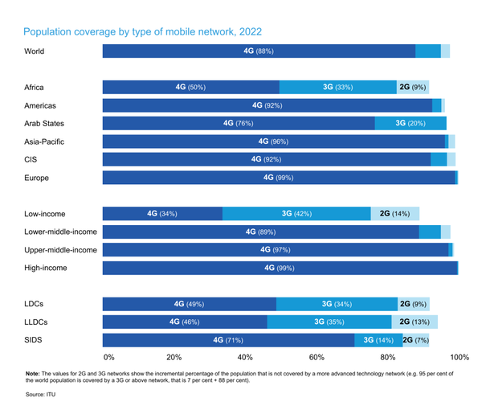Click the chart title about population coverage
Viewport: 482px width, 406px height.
pos(143,32)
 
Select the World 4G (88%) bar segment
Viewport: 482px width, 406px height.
pos(259,51)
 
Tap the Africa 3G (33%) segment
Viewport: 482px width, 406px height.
pos(337,87)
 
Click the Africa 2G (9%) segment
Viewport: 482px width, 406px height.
pos(412,87)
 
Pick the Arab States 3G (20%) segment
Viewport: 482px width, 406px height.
pos(411,123)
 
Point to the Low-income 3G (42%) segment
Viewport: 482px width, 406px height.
pos(297,214)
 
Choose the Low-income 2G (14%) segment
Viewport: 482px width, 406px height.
pos(394,214)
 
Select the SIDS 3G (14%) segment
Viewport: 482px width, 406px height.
pos(377,340)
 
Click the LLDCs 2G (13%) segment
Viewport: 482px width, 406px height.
pos(415,322)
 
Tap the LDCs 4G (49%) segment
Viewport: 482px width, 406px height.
pos(190,305)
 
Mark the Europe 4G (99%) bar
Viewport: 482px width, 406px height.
pos(279,178)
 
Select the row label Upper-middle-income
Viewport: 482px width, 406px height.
pos(60,250)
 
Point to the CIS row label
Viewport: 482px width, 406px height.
pos(31,159)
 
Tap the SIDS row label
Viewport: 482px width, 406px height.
pos(34,340)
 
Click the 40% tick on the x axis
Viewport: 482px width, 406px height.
pos(245,357)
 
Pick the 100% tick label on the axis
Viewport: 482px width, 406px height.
pos(460,357)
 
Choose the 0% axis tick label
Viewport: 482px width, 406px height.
pos(109,357)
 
